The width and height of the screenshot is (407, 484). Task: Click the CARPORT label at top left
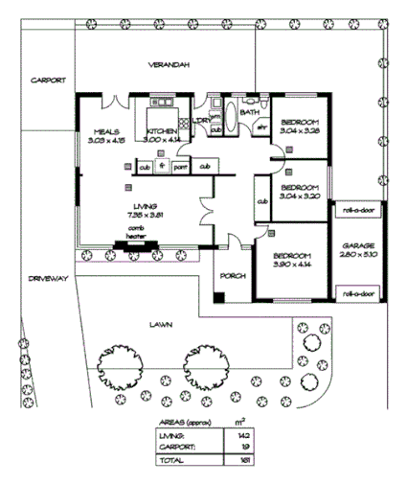[45, 80]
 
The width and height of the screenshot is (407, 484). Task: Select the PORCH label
[233, 276]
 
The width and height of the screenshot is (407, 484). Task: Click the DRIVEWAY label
[48, 278]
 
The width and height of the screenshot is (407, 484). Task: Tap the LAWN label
[160, 325]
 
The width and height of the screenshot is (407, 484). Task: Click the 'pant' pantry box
[180, 167]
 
